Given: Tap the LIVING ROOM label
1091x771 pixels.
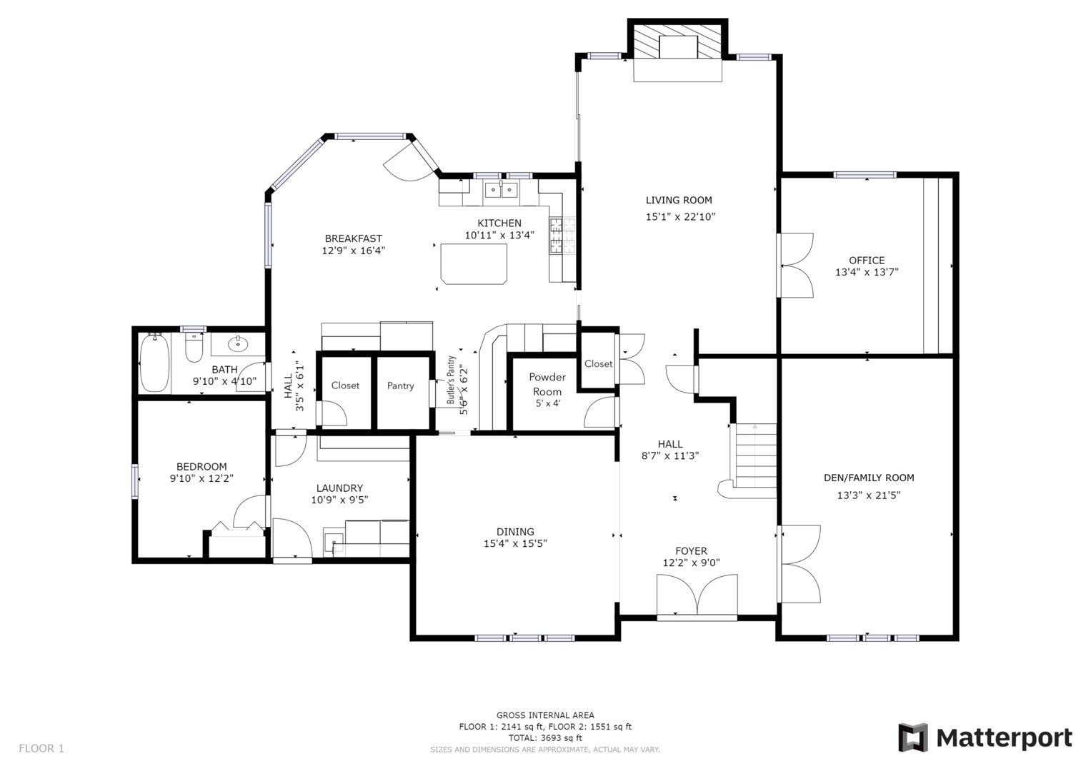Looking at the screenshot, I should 679,201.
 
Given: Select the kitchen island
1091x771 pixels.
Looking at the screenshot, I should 474,263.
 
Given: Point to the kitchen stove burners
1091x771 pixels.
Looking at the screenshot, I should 557,236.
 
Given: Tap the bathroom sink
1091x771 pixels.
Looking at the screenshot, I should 237,345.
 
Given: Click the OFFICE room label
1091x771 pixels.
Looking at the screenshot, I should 867,261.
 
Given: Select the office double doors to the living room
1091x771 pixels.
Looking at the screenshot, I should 796,266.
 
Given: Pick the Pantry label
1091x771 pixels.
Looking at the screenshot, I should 400,386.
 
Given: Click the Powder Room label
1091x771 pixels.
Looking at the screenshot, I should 547,384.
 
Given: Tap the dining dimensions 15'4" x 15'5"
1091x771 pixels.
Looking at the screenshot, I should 515,544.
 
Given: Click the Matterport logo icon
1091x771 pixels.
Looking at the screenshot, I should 912,737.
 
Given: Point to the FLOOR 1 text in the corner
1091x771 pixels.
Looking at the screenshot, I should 41,748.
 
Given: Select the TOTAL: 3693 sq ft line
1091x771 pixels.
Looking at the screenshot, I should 544,738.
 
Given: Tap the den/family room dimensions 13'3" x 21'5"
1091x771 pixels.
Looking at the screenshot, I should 868,495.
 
